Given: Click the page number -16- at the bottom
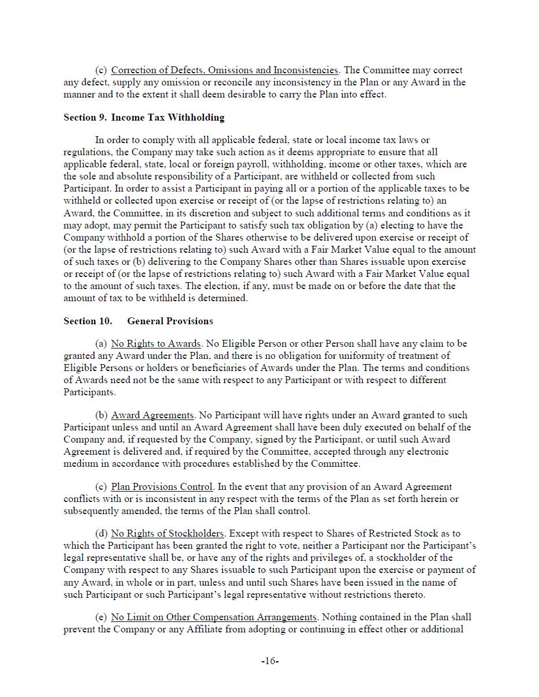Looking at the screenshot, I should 270,661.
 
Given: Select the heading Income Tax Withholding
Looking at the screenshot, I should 168,118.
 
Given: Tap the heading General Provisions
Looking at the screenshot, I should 170,321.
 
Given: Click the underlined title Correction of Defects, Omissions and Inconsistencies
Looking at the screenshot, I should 224,70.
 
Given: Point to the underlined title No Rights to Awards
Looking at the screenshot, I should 155,344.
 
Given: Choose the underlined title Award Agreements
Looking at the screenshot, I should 152,415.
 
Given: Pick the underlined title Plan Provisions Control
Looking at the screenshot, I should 162,487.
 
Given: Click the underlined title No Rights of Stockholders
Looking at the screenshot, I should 168,534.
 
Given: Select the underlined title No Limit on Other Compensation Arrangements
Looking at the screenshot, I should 214,617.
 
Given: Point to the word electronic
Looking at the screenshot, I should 427,452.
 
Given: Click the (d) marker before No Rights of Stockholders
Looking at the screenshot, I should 101,534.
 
